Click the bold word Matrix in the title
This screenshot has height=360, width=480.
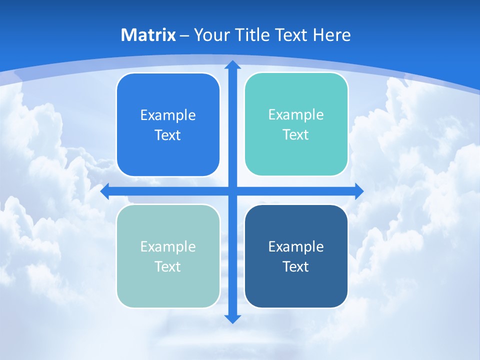pos(148,35)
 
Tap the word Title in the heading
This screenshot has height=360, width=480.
pos(250,35)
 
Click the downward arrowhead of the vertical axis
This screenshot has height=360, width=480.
pos(232,318)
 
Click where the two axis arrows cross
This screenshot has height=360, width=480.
pos(232,191)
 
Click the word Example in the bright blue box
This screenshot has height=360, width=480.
pos(168,115)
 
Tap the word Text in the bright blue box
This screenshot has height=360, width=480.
pos(168,135)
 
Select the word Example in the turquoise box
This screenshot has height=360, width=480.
pos(296,114)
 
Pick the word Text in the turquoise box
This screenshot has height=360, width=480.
pos(296,134)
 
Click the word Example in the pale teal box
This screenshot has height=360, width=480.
pos(168,246)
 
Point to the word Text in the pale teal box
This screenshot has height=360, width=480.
pos(168,266)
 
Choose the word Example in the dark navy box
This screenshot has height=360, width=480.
pos(296,246)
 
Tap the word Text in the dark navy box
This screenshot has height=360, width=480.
pos(296,266)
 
